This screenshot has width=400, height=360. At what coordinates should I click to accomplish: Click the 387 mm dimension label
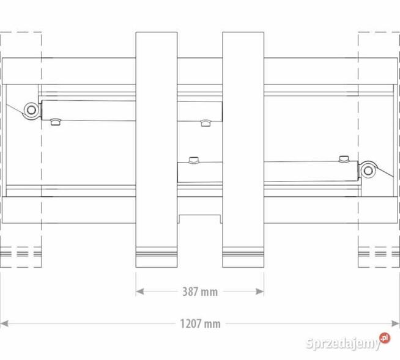tap(200, 292)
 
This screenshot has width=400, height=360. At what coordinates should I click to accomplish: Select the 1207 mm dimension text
tap(200, 323)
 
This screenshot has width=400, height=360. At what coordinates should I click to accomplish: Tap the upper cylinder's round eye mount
tap(30, 110)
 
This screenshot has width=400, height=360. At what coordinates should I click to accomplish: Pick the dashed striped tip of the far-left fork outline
tap(21, 253)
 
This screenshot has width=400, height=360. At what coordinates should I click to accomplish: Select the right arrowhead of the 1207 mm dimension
tap(395, 323)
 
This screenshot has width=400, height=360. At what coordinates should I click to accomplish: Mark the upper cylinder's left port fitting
tap(56, 123)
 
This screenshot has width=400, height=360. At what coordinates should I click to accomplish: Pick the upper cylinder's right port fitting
tap(206, 123)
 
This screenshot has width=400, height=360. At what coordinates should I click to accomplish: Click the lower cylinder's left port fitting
tap(194, 160)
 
